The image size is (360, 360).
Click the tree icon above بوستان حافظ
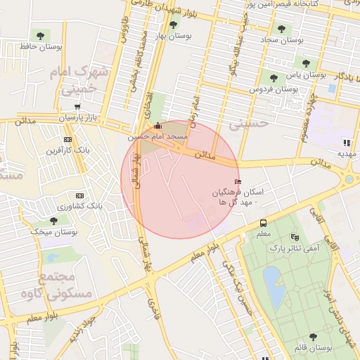38,34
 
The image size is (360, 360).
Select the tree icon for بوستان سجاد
282,30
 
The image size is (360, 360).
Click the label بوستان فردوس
275,90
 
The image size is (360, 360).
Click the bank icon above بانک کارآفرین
68,139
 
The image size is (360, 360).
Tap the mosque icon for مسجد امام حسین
157,126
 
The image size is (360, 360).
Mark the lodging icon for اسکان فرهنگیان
237,182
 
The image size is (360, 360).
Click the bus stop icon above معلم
263,223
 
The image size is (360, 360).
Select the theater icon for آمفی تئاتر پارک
294,238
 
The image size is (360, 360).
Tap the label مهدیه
345,153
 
